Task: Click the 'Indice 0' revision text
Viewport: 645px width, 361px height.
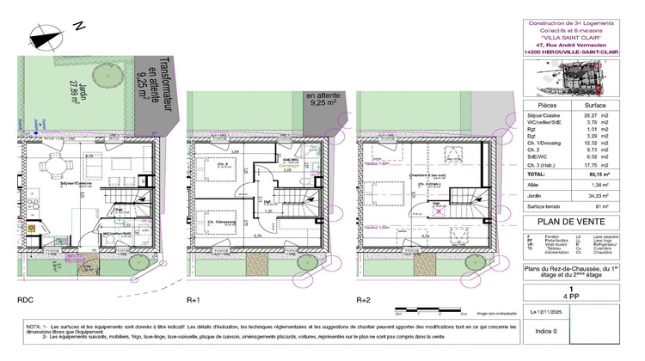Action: point(547,330)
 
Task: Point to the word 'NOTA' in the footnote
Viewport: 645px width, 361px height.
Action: point(34,328)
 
